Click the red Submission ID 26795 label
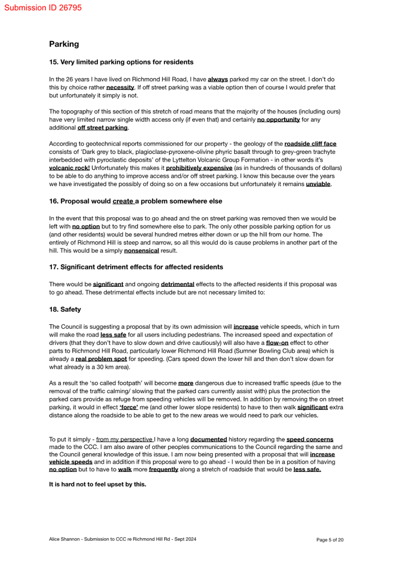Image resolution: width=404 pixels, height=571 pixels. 43,8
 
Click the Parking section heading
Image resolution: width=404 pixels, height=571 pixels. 64,44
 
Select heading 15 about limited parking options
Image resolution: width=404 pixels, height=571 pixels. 121,62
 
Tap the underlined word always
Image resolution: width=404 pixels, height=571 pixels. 218,79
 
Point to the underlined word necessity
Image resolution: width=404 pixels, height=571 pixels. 120,87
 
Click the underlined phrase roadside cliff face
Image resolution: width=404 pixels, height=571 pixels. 310,144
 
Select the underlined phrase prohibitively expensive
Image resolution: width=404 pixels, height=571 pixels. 199,168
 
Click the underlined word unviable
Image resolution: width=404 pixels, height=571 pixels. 318,184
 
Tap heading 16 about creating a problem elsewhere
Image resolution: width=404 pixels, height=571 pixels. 135,201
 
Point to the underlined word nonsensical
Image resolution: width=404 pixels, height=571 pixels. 141,251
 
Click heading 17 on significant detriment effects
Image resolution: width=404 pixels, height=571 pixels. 136,267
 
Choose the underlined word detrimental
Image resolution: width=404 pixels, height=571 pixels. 177,284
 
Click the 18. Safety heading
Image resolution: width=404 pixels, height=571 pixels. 65,309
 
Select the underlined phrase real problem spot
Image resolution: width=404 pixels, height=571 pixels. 101,359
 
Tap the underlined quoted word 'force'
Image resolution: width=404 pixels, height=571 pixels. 129,407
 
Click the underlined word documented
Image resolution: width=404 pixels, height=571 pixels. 208,440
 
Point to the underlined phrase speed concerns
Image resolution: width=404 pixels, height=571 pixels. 310,440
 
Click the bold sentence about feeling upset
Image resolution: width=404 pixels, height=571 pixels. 97,485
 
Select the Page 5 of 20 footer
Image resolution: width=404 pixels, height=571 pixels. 330,540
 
